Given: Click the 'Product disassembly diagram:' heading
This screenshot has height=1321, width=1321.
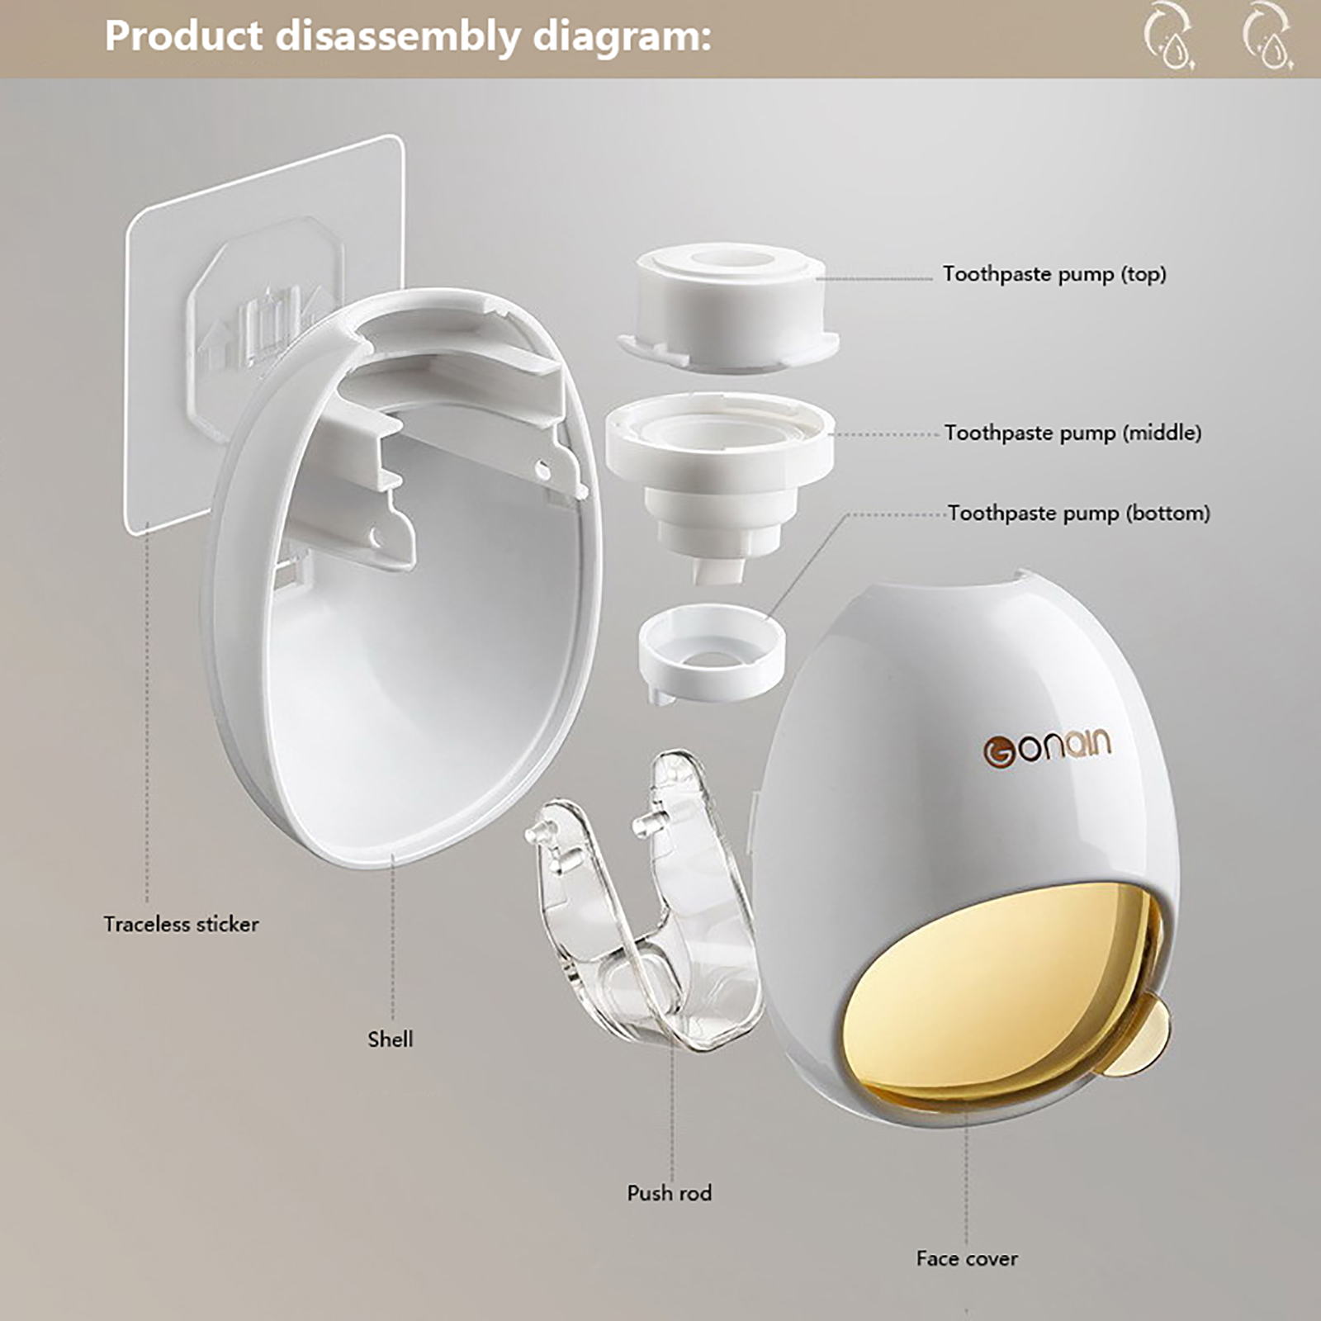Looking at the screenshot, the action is (x=408, y=37).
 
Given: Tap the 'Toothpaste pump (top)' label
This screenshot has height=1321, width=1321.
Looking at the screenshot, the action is (x=1054, y=274).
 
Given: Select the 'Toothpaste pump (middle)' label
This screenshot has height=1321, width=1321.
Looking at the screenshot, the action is (x=1072, y=433).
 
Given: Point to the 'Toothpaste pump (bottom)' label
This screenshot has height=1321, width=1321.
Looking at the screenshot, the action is (x=1078, y=513).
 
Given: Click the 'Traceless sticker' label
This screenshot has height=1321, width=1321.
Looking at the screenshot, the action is (x=181, y=924).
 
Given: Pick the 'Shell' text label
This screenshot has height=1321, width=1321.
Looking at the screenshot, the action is (x=391, y=1039).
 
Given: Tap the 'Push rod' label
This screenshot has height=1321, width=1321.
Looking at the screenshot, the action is (x=669, y=1192).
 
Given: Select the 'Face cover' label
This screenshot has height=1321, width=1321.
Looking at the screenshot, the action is (x=967, y=1258).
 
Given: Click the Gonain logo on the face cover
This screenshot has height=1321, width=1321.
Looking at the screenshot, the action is (x=1047, y=749).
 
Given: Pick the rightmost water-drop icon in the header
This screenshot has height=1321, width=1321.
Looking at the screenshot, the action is (x=1268, y=38).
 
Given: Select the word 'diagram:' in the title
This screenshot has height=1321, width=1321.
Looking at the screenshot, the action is (x=622, y=38).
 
